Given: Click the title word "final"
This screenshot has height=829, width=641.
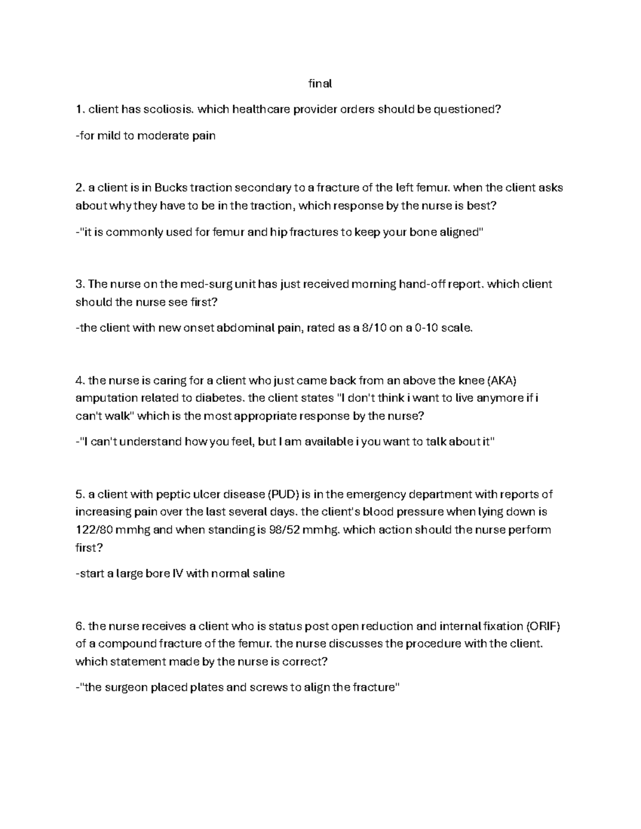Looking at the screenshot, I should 320,84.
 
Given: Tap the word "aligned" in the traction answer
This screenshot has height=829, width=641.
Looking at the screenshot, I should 459,232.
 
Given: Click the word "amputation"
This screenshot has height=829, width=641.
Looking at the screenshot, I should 105,398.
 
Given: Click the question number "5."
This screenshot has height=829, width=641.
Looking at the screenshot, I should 80,494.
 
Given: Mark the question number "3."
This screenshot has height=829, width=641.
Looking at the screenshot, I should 80,284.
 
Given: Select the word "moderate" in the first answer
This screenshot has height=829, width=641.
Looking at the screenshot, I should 163,136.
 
